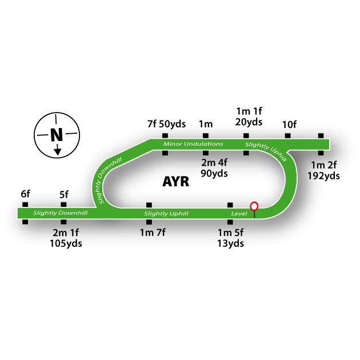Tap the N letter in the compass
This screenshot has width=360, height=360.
(x=56, y=135)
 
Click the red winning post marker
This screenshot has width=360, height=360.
(x=254, y=206)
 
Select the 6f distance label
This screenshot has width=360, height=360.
(x=25, y=194)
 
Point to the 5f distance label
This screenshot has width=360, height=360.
(x=64, y=194)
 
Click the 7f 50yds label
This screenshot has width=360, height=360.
(x=166, y=123)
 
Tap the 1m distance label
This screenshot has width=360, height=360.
(x=206, y=123)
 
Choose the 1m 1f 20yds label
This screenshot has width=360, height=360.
(x=249, y=116)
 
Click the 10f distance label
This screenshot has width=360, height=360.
(x=289, y=123)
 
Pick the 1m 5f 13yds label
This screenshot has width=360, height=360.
(x=231, y=238)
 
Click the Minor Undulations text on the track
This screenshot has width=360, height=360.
(x=193, y=143)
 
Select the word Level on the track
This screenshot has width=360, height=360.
(x=238, y=214)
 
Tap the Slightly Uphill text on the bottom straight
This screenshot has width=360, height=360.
(x=166, y=214)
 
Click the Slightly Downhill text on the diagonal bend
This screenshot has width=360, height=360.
(x=110, y=179)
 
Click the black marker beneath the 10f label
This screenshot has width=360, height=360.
(x=288, y=136)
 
